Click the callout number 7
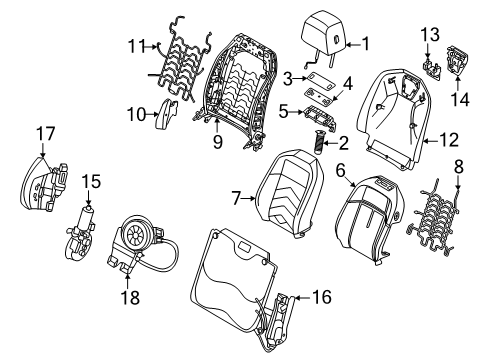pos(238,199)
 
